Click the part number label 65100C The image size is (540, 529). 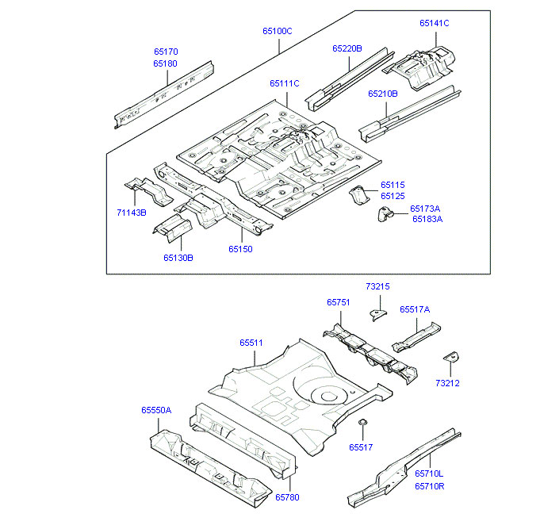click(278, 32)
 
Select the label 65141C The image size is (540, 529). click(434, 23)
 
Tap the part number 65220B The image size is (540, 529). click(347, 48)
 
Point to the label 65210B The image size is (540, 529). click(382, 94)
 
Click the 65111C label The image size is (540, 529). click(284, 83)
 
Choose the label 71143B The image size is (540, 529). click(132, 213)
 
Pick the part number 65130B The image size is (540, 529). click(178, 257)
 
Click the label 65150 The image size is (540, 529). click(240, 249)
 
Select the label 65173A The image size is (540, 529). click(426, 209)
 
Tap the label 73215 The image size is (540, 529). click(377, 286)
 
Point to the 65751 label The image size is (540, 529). click(338, 302)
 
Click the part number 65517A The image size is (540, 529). click(415, 309)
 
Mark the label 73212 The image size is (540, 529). click(447, 383)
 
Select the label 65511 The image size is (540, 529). click(251, 343)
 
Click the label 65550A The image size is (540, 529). click(156, 410)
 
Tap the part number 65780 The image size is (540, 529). click(287, 496)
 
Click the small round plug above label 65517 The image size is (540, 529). click(362, 423)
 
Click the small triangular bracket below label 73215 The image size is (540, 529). click(377, 314)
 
